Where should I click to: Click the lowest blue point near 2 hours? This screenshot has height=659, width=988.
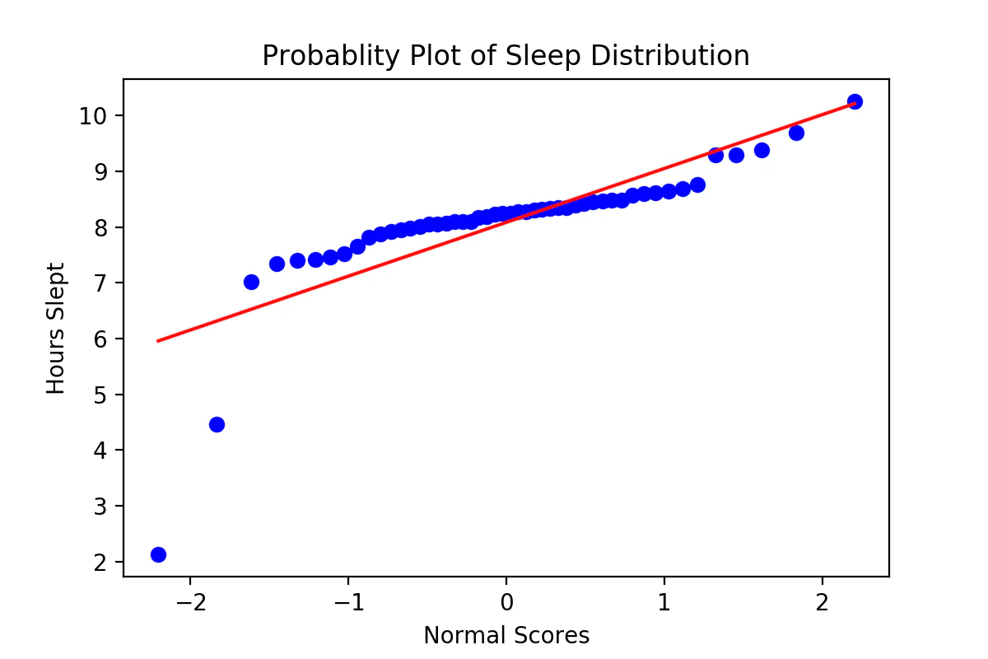pos(158,554)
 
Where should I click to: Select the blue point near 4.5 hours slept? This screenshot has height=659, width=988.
pos(217,424)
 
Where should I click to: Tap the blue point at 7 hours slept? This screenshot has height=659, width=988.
pos(251,282)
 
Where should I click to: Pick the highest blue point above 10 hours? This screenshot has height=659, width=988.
pos(855,101)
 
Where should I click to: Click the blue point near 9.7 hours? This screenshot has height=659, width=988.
pos(796,133)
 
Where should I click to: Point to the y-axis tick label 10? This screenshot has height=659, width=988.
pos(95,115)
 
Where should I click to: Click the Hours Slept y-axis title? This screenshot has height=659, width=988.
pos(56,328)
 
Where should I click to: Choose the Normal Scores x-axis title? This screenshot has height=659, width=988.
pos(506,635)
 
